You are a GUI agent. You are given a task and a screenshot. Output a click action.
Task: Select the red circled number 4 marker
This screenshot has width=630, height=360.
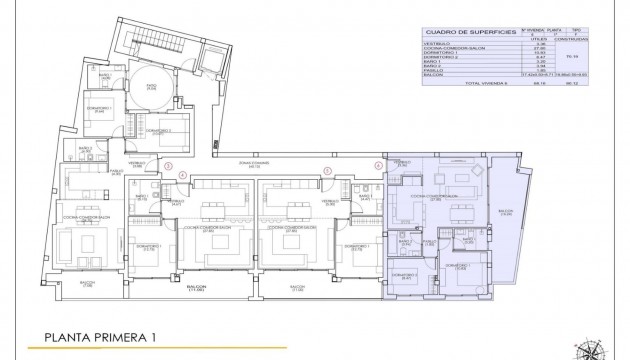181,176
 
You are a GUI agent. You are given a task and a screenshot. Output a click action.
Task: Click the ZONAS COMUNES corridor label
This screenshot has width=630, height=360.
238,166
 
